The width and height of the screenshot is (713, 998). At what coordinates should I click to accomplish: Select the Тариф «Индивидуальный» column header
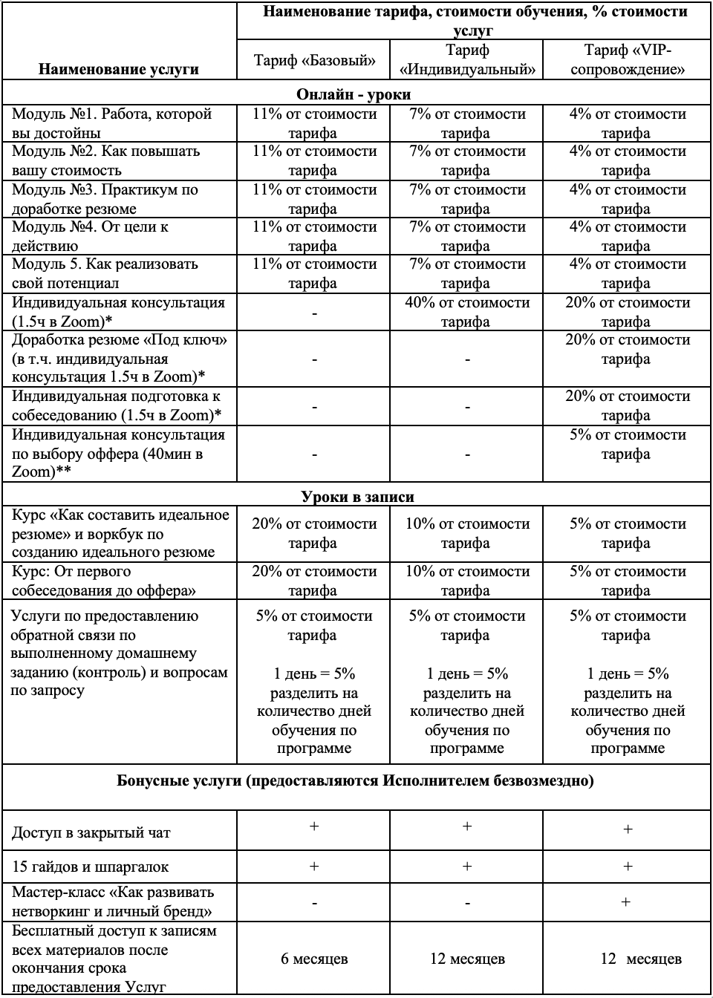tap(467, 60)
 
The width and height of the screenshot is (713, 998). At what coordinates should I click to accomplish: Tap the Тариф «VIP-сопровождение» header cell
tap(627, 60)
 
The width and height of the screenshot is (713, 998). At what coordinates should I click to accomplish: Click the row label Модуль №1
tap(111, 123)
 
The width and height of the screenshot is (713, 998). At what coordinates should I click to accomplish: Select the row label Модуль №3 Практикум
tap(105, 198)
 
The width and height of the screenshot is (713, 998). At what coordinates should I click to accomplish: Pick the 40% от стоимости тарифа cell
tap(467, 312)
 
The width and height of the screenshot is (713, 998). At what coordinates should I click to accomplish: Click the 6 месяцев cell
tap(314, 959)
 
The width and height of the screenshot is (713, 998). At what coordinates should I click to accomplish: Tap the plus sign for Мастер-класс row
tap(627, 902)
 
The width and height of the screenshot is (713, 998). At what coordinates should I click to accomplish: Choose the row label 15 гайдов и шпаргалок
tap(90, 867)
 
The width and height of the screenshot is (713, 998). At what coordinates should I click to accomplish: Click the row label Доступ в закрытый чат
tap(91, 832)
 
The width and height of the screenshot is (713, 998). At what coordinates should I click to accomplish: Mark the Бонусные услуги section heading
tap(355, 781)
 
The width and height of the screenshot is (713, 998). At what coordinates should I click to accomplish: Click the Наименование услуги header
tap(118, 70)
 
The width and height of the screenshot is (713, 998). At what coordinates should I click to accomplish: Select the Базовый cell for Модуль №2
tap(314, 160)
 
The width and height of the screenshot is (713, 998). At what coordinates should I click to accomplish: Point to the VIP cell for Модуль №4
tap(627, 236)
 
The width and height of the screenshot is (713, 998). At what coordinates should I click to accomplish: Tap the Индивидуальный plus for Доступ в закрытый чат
tap(467, 826)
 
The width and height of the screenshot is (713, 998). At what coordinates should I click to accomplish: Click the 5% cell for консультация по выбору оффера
tap(627, 444)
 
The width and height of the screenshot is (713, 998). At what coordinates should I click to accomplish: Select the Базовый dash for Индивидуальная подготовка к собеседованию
tap(314, 406)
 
